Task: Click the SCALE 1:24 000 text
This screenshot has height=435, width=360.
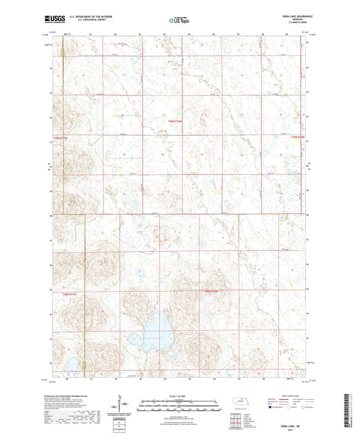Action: (x=180, y=395)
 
